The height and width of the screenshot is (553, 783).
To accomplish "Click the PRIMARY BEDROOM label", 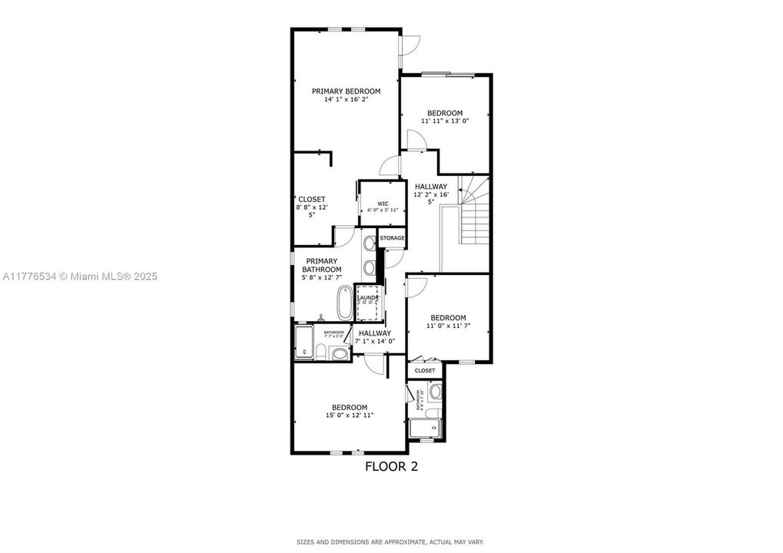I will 346,91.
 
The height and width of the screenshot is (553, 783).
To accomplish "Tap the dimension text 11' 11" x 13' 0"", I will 445,121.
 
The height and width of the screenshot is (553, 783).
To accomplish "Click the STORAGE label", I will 391,238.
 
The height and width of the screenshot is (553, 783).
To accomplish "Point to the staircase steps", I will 473,211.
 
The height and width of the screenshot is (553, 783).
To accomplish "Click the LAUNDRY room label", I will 367,297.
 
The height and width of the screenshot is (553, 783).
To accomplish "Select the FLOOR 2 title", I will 391,465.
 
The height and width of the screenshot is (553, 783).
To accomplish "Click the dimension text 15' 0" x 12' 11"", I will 349,416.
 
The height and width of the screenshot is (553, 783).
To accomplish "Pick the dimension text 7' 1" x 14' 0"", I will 374,341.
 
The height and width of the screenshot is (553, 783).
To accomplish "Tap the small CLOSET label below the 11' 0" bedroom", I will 425,370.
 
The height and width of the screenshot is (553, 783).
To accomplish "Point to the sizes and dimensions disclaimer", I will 391,541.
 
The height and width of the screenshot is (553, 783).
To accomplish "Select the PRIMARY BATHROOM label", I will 321,265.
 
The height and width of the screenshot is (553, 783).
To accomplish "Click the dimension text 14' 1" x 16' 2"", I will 346,99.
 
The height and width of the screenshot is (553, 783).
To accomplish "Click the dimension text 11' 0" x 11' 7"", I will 448,326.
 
